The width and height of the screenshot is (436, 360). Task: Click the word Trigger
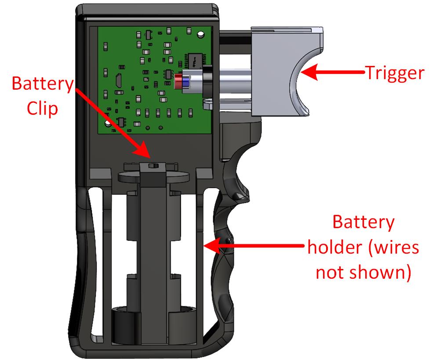click(x=395, y=73)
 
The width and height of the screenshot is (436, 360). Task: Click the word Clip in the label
click(x=42, y=109)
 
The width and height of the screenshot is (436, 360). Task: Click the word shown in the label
click(x=380, y=272)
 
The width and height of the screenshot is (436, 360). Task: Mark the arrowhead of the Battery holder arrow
click(x=212, y=246)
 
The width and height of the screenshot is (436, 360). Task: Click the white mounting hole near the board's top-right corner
click(x=200, y=34)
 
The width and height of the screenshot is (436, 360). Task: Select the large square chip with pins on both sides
click(x=196, y=60)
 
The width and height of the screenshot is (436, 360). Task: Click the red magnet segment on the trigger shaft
click(x=177, y=82)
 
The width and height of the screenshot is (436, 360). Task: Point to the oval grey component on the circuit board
click(x=119, y=80)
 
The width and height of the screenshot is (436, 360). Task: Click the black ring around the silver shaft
click(x=207, y=80)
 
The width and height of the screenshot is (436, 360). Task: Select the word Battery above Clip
click(x=43, y=84)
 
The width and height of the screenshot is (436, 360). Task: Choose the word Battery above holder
click(x=363, y=222)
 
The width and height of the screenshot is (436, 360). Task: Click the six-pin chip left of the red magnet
click(x=168, y=74)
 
